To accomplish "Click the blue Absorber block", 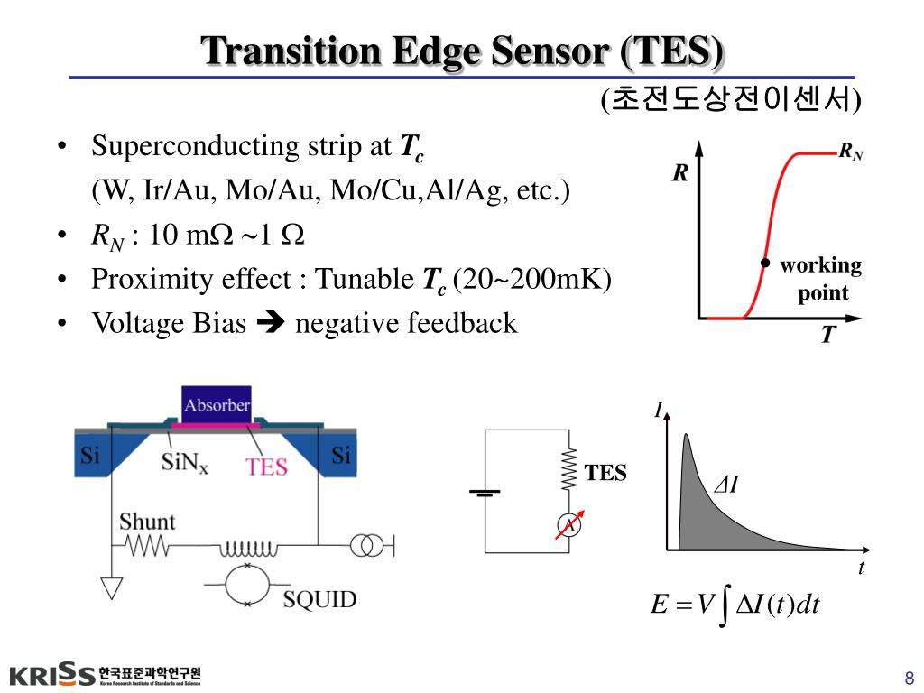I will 217,403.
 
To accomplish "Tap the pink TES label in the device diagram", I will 267,467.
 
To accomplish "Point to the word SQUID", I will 319,599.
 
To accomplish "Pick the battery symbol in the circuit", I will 485,493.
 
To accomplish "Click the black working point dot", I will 765,263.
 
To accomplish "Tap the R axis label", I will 679,173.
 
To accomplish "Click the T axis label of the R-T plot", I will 827,336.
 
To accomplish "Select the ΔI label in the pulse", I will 726,485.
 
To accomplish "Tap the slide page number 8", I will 909,679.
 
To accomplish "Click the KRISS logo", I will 52,675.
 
